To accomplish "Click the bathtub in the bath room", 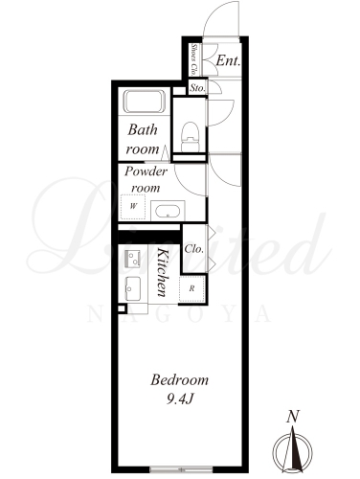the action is [x=145, y=102].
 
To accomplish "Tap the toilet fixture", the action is [x=191, y=137].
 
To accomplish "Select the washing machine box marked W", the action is [x=133, y=206].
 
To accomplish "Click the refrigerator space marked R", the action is [x=191, y=289].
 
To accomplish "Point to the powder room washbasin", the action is [x=168, y=211].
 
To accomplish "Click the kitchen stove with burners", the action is [x=132, y=258].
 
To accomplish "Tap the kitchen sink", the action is [x=132, y=288].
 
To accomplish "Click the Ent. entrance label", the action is [x=228, y=60].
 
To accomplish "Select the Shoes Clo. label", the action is [x=193, y=59].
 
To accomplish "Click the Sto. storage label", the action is [x=197, y=88].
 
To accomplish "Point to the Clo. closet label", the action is [x=193, y=249].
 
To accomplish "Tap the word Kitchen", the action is [x=163, y=272].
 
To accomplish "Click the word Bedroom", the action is [x=180, y=380].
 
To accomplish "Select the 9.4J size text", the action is [x=180, y=399].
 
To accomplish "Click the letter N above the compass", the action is [x=293, y=417].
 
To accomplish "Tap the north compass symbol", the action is [x=293, y=450].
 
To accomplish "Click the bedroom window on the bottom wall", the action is [x=181, y=469].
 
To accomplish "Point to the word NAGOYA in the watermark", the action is [x=179, y=313].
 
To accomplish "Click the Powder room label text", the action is [x=146, y=179].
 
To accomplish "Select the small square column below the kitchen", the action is [x=122, y=308].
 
